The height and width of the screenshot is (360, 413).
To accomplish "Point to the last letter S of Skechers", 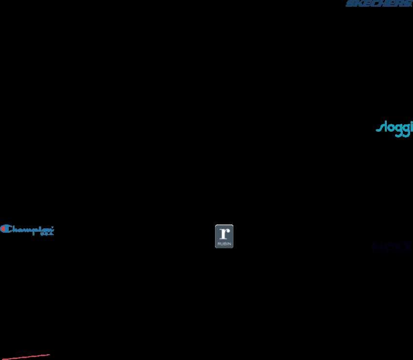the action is pyautogui.click(x=408, y=3).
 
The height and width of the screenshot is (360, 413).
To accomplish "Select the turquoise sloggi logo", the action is pyautogui.click(x=394, y=128).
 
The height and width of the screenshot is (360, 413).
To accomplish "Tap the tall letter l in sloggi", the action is pyautogui.click(x=384, y=127).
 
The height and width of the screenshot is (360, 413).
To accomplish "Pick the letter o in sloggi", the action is pyautogui.click(x=390, y=129).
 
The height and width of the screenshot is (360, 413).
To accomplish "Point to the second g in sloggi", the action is pyautogui.click(x=405, y=130).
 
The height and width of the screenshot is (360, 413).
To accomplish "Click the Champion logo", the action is pyautogui.click(x=27, y=229).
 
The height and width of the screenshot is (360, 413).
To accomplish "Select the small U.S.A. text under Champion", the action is pyautogui.click(x=47, y=234).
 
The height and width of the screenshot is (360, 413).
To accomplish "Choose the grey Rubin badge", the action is pyautogui.click(x=224, y=236).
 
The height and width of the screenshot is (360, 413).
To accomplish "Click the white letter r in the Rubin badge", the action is pyautogui.click(x=223, y=232).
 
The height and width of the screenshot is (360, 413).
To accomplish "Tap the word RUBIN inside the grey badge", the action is pyautogui.click(x=224, y=243).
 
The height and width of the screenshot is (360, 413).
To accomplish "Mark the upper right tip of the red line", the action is pyautogui.click(x=49, y=355).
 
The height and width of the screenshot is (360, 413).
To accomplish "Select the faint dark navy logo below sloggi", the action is pyautogui.click(x=391, y=247).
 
